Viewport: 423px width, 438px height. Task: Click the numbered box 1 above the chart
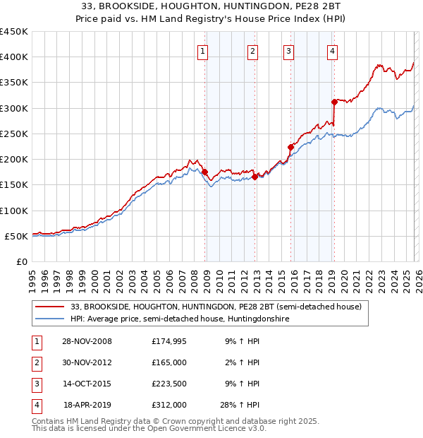203,50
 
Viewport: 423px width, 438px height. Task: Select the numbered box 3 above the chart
289,50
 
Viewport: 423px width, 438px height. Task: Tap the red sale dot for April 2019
334,102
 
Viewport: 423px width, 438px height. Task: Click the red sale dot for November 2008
204,172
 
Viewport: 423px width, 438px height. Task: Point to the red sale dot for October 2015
290,147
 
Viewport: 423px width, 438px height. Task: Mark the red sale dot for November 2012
255,177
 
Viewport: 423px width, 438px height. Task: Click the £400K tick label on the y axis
14,57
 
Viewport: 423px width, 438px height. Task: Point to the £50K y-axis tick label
16,236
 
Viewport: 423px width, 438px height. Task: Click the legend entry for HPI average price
180,319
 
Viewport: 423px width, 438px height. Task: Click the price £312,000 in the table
169,406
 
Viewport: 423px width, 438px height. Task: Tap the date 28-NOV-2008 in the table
87,342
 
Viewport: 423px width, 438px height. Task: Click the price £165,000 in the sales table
169,363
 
